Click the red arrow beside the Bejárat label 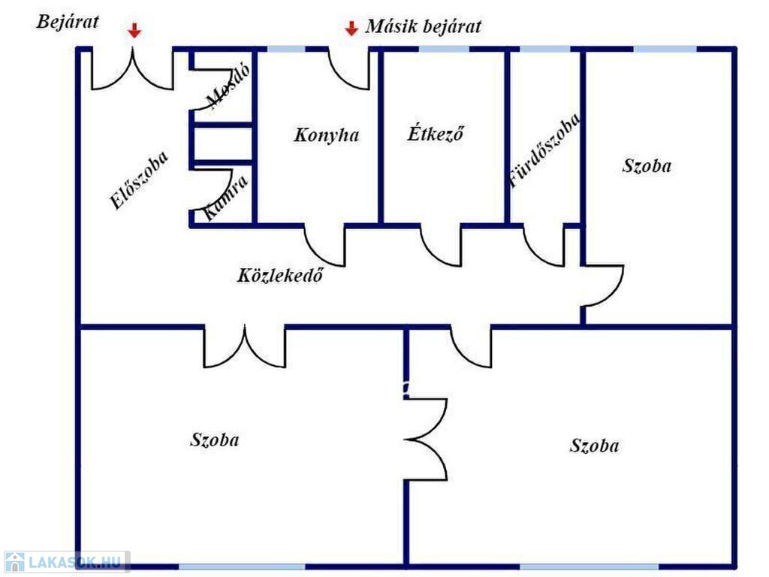click(x=134, y=31)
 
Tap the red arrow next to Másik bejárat click(x=351, y=29)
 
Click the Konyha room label click(x=327, y=135)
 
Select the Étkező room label click(x=436, y=134)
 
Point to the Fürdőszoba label click(x=545, y=150)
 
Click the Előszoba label click(x=139, y=180)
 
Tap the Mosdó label click(x=228, y=86)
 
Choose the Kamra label click(x=225, y=198)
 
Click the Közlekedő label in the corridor click(x=280, y=275)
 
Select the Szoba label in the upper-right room click(x=647, y=166)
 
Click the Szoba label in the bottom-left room click(x=215, y=440)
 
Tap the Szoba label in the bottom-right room click(x=595, y=446)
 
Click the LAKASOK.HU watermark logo click(x=66, y=562)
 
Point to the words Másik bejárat click(x=424, y=26)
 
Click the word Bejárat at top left click(x=68, y=22)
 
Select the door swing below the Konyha click(x=324, y=246)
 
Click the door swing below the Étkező click(x=441, y=246)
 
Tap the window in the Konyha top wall click(x=286, y=49)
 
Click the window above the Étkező click(x=444, y=49)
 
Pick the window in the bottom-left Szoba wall click(x=242, y=566)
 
